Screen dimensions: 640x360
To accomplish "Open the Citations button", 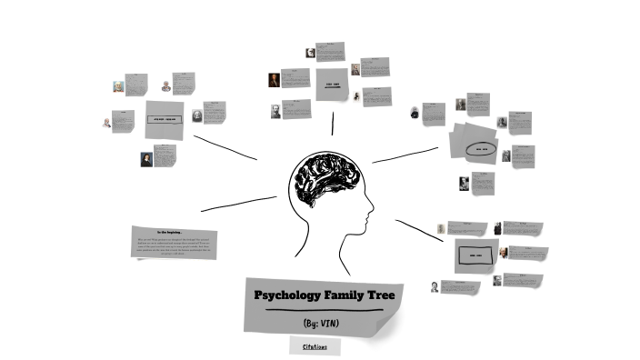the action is pyautogui.click(x=315, y=346).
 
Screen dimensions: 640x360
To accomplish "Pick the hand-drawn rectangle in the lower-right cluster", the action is pyautogui.click(x=474, y=255).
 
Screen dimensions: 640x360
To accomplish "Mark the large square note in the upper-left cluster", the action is pyautogui.click(x=165, y=119).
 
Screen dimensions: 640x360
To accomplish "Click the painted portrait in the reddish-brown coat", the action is pyautogui.click(x=273, y=80).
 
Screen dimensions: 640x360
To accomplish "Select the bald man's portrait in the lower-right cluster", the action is pyautogui.click(x=437, y=285).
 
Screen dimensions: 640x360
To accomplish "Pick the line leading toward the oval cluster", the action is pyautogui.click(x=405, y=155).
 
